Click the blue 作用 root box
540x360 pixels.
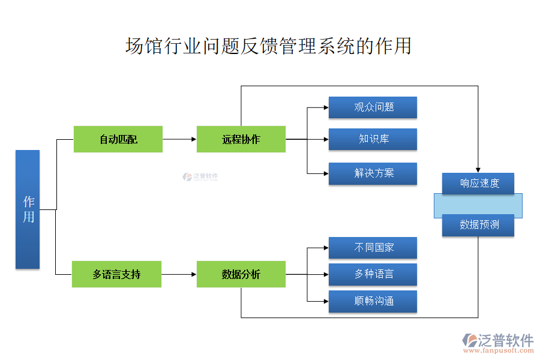pos(28,209)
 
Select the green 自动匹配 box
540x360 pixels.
pos(118,139)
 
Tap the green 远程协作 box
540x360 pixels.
pos(241,139)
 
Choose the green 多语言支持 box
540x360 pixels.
pos(117,274)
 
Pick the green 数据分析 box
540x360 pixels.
pos(241,274)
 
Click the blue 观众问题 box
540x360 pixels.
pos(373,107)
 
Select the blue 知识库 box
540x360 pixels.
pos(373,139)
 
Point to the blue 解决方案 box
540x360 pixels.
pos(373,173)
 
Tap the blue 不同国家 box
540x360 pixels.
pos(373,248)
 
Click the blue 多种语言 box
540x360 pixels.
pos(373,274)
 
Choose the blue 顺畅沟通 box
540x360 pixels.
pos(373,301)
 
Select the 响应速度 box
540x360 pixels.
pos(478,184)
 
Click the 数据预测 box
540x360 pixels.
pos(478,225)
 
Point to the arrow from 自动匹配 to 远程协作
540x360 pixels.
pos(180,139)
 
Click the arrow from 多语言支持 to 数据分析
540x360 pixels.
pos(179,274)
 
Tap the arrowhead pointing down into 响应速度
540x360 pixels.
pos(478,169)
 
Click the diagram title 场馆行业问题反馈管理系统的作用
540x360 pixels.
pos(268,46)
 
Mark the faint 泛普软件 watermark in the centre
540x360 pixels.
pos(200,177)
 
